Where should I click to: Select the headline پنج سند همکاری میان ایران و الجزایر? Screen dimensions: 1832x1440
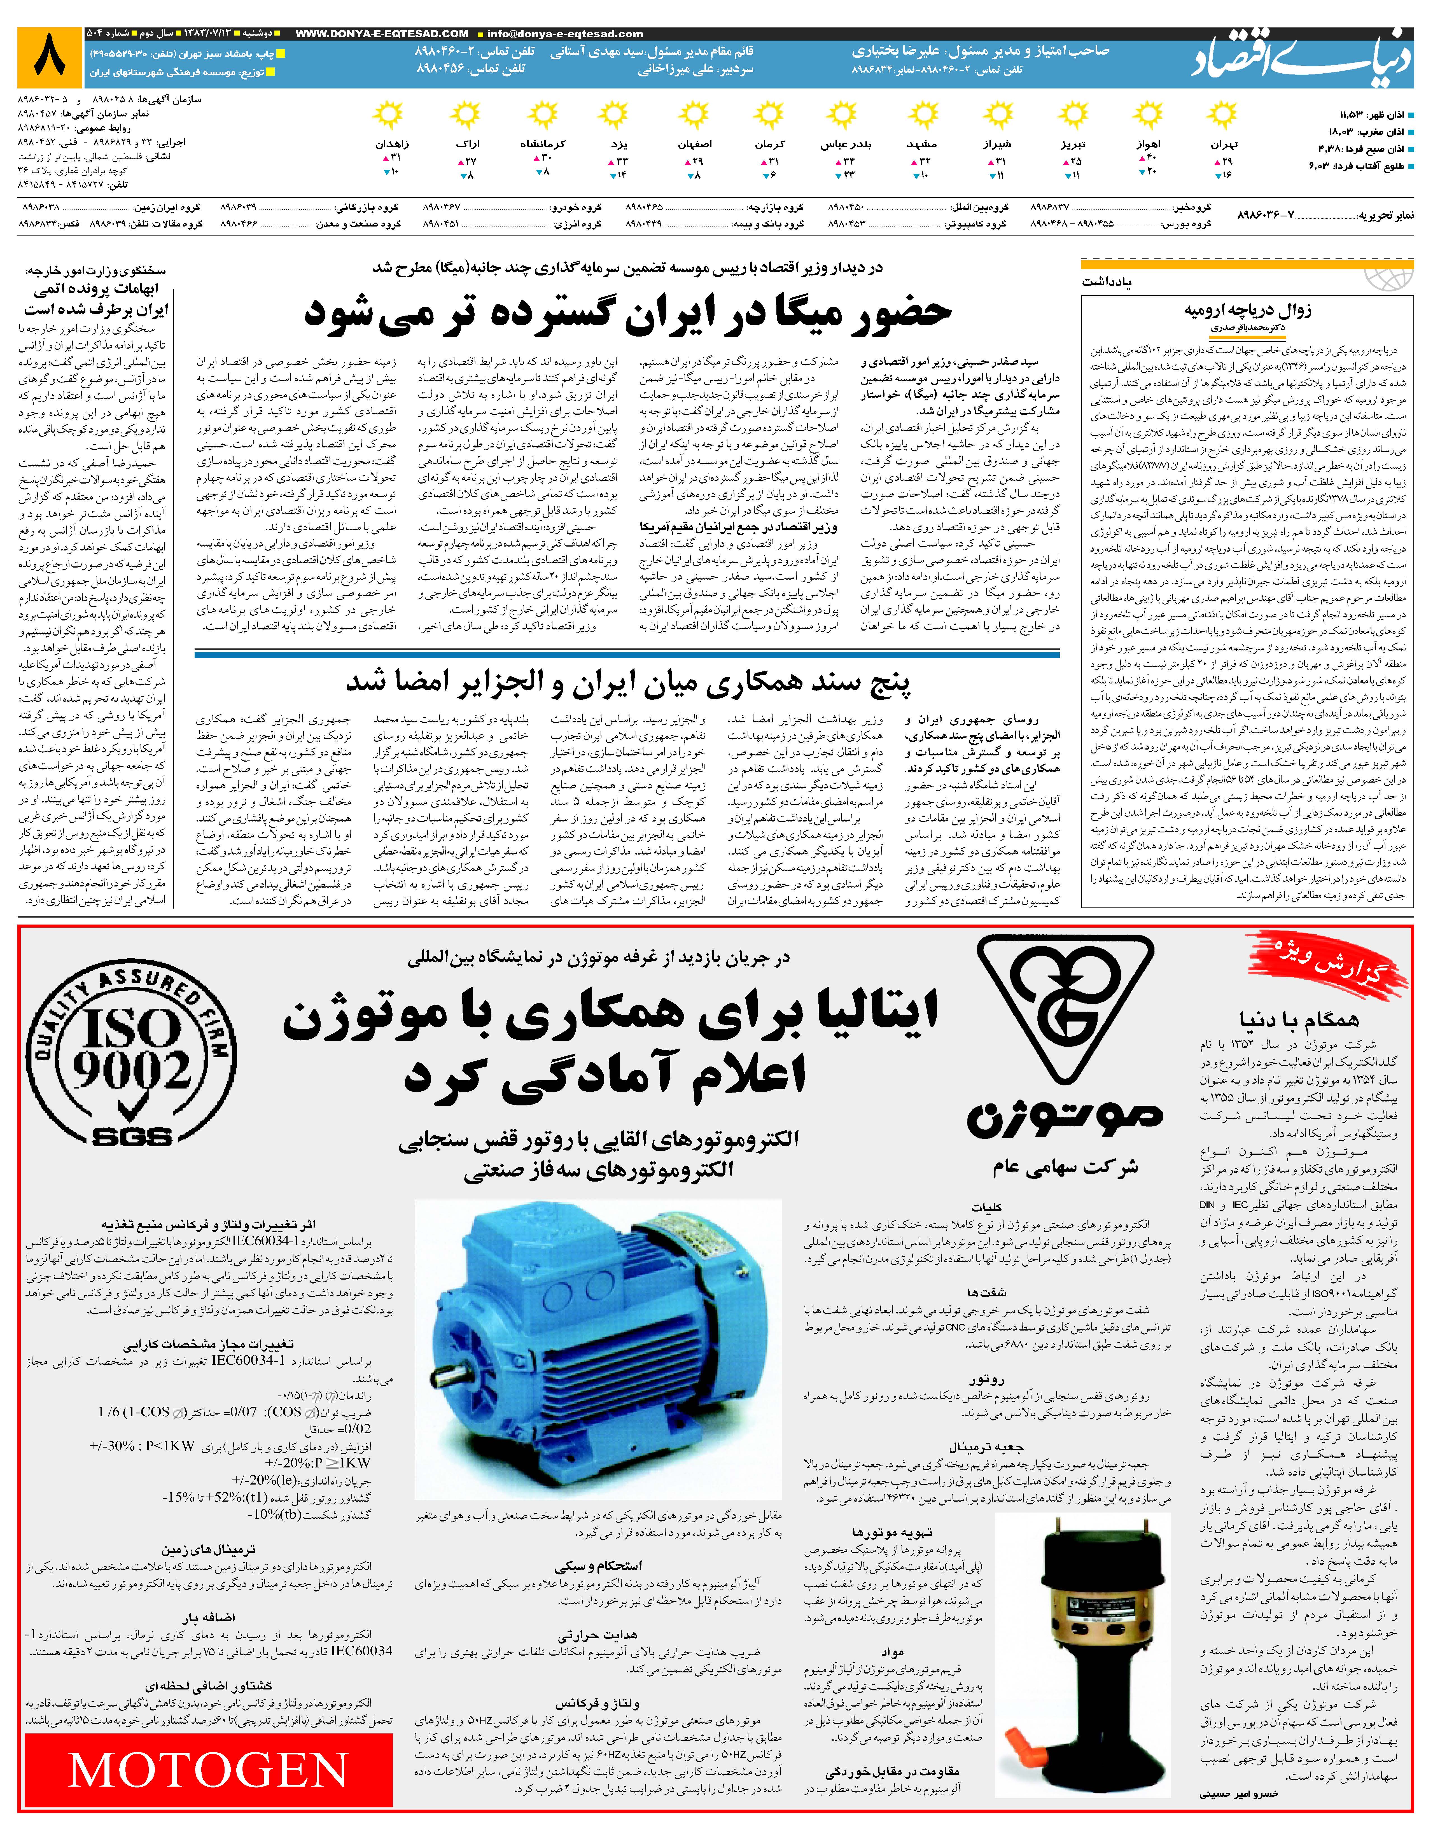pos(628,683)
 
